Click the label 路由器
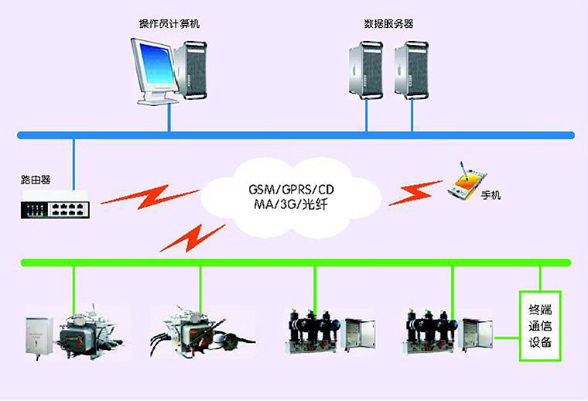pyautogui.click(x=36, y=180)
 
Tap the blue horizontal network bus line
pyautogui.click(x=294, y=135)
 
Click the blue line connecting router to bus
pyautogui.click(x=73, y=163)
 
